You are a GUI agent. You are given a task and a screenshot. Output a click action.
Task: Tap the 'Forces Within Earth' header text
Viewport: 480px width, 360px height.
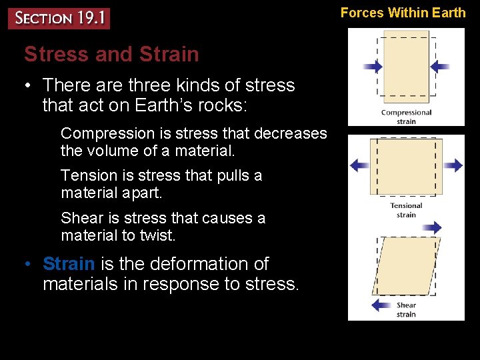click(x=403, y=12)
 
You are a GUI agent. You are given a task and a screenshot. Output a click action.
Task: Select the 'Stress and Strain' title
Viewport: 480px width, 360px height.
click(x=111, y=54)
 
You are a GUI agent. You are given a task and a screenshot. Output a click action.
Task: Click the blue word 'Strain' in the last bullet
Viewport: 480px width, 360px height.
click(x=69, y=264)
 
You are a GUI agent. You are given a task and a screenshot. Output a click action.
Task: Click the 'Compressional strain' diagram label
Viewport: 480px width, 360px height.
click(x=406, y=117)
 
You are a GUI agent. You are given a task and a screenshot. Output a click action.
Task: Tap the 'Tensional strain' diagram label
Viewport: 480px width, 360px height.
click(x=406, y=210)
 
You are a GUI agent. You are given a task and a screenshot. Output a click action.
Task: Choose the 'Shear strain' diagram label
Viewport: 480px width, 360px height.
click(x=406, y=310)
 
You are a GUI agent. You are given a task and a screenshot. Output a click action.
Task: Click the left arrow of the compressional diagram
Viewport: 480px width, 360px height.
click(x=373, y=67)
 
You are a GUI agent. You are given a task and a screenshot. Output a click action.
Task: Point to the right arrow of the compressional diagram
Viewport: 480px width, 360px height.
click(x=439, y=67)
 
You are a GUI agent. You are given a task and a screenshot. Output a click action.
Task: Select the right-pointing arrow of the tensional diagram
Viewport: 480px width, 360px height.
click(x=453, y=165)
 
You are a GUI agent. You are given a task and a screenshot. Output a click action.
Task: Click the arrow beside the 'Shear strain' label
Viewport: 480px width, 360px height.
click(x=381, y=305)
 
